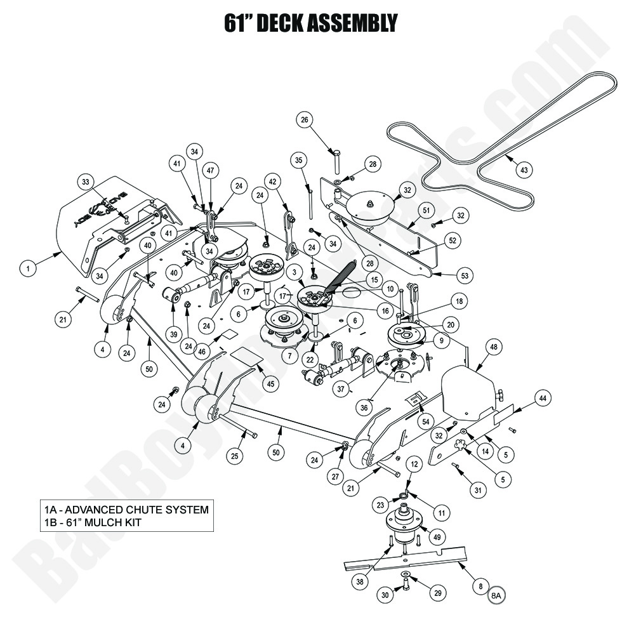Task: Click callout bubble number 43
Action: pos(524,170)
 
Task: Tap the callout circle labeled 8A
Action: pos(496,595)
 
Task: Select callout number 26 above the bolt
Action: pos(304,119)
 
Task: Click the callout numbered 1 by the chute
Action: pos(28,269)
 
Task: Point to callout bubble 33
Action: pos(87,182)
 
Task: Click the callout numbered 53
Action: pos(465,275)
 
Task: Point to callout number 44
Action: pos(543,398)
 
